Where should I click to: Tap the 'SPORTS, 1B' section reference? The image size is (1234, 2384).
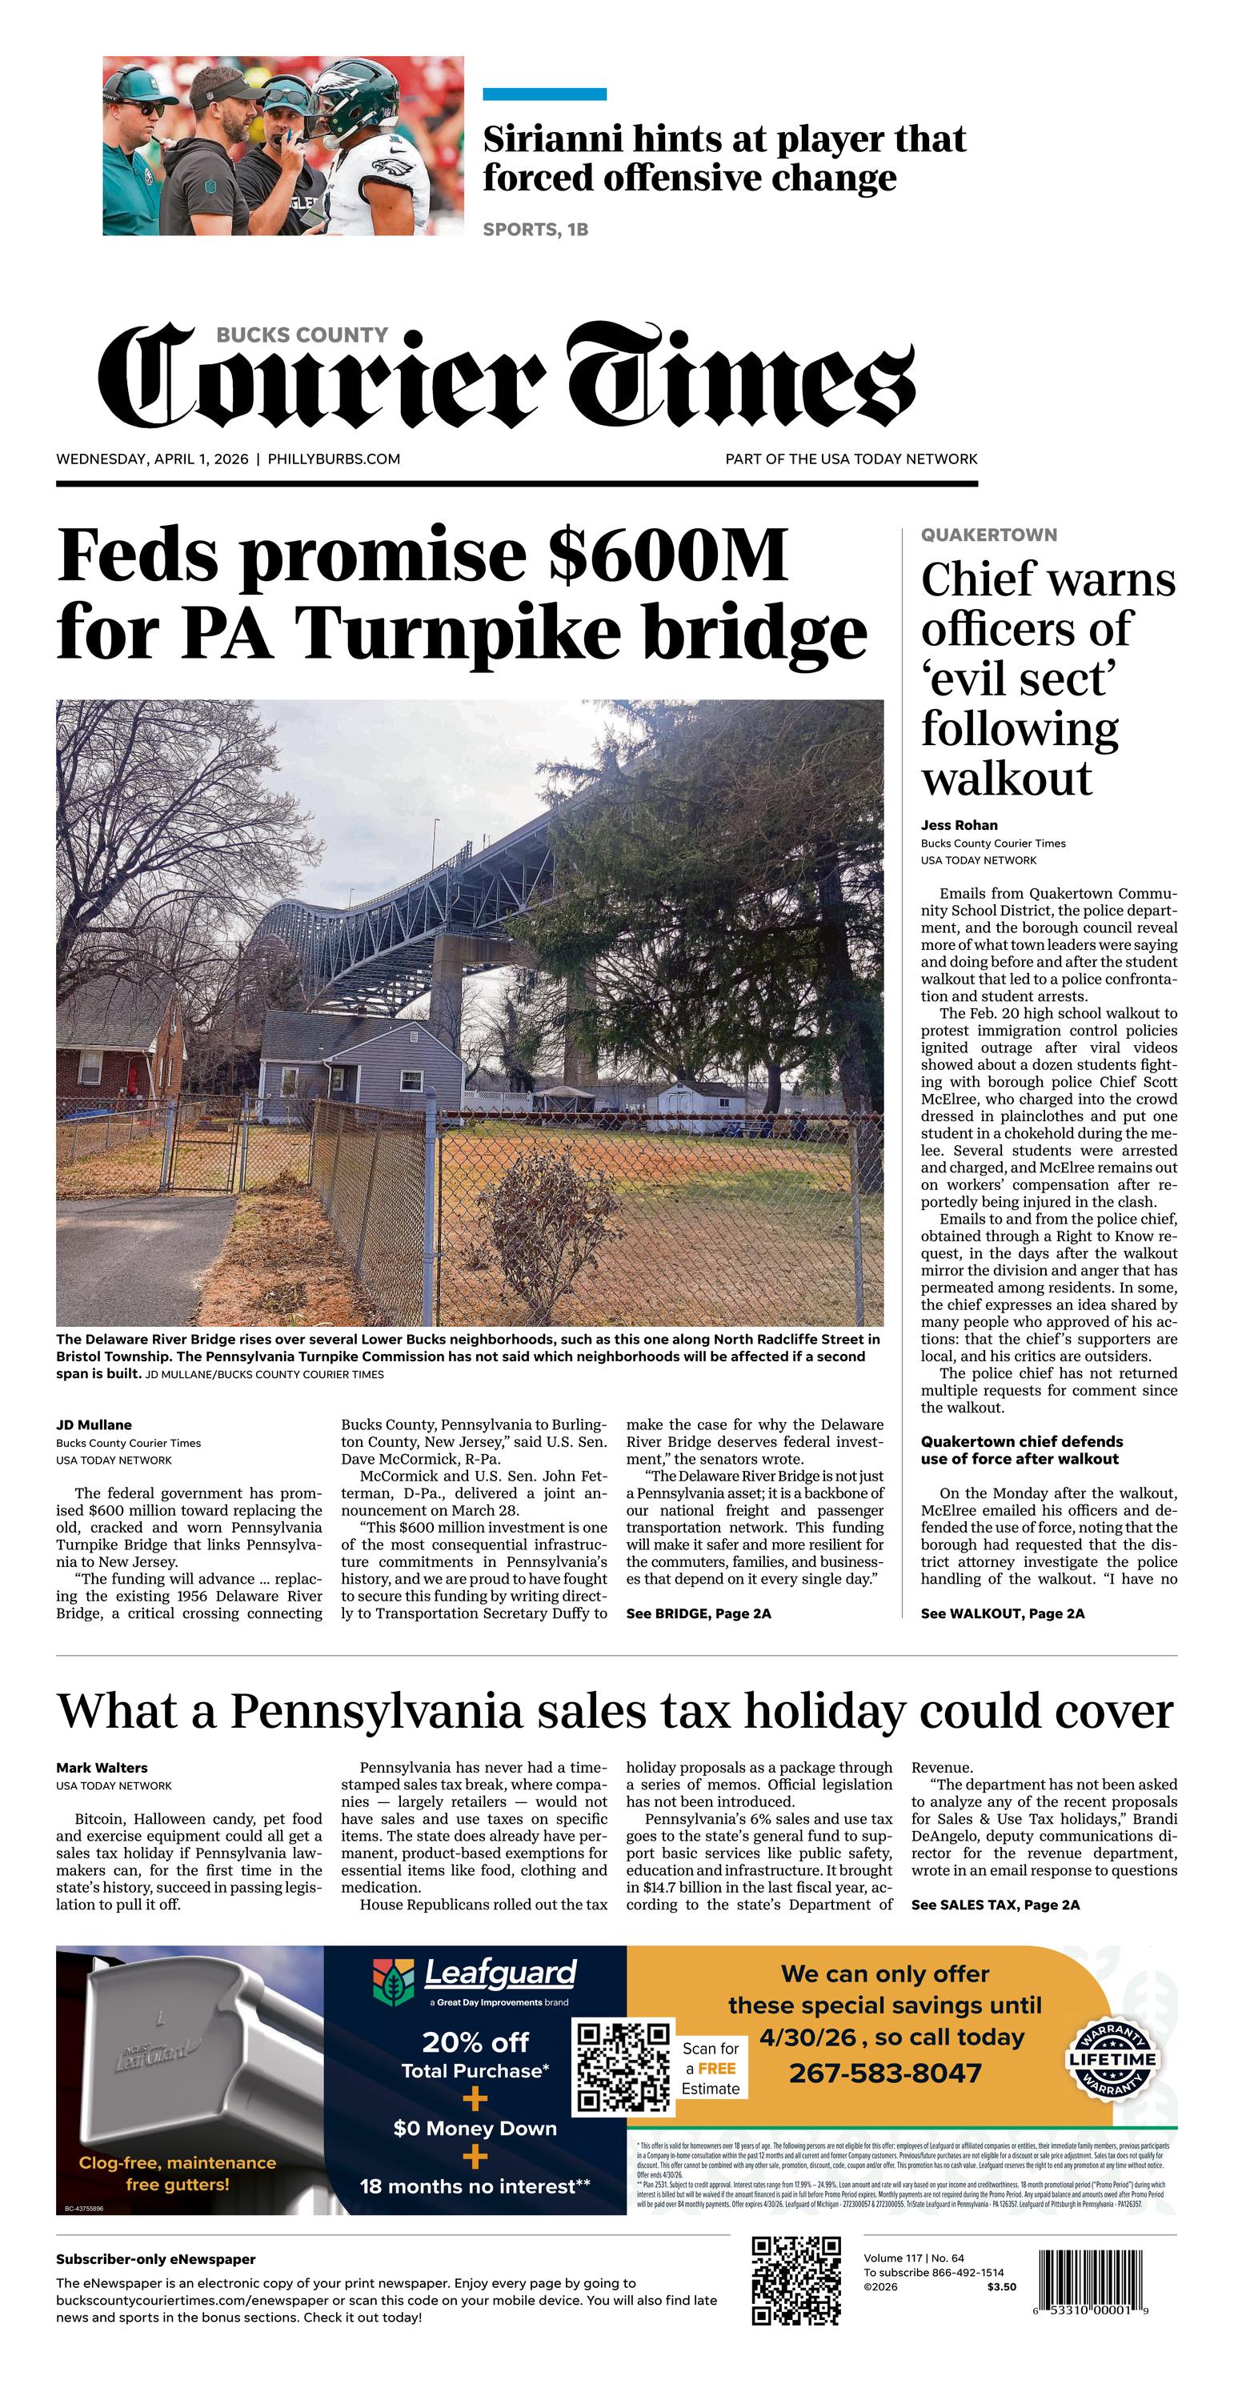click(x=535, y=229)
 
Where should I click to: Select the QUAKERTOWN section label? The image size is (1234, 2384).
click(x=988, y=535)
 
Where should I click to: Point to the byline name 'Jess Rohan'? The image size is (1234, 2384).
click(x=958, y=824)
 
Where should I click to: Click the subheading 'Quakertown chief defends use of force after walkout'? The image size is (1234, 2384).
click(x=1020, y=1450)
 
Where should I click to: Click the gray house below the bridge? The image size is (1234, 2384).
click(x=361, y=1064)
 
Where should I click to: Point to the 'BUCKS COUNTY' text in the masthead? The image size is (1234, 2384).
click(x=302, y=335)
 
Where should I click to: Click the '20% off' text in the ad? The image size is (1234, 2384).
click(x=475, y=2042)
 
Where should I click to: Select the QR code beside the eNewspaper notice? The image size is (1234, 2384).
click(x=796, y=2282)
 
